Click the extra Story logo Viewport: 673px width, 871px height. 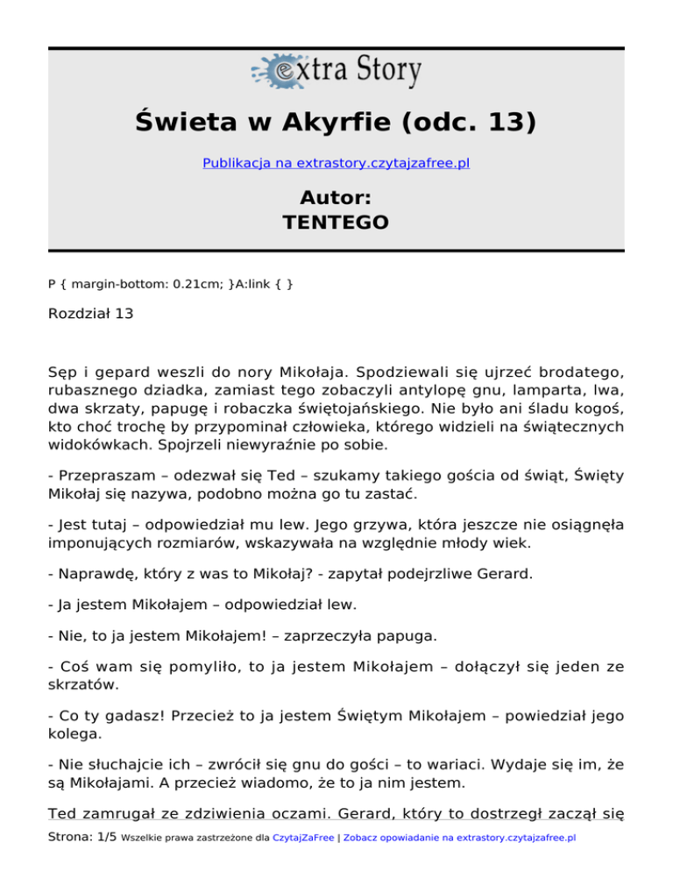(336, 72)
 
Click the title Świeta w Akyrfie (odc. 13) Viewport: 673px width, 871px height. (336, 122)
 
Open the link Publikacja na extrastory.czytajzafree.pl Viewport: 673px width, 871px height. (336, 163)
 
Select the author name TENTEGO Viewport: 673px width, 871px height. (336, 222)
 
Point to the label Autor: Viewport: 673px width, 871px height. (336, 196)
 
